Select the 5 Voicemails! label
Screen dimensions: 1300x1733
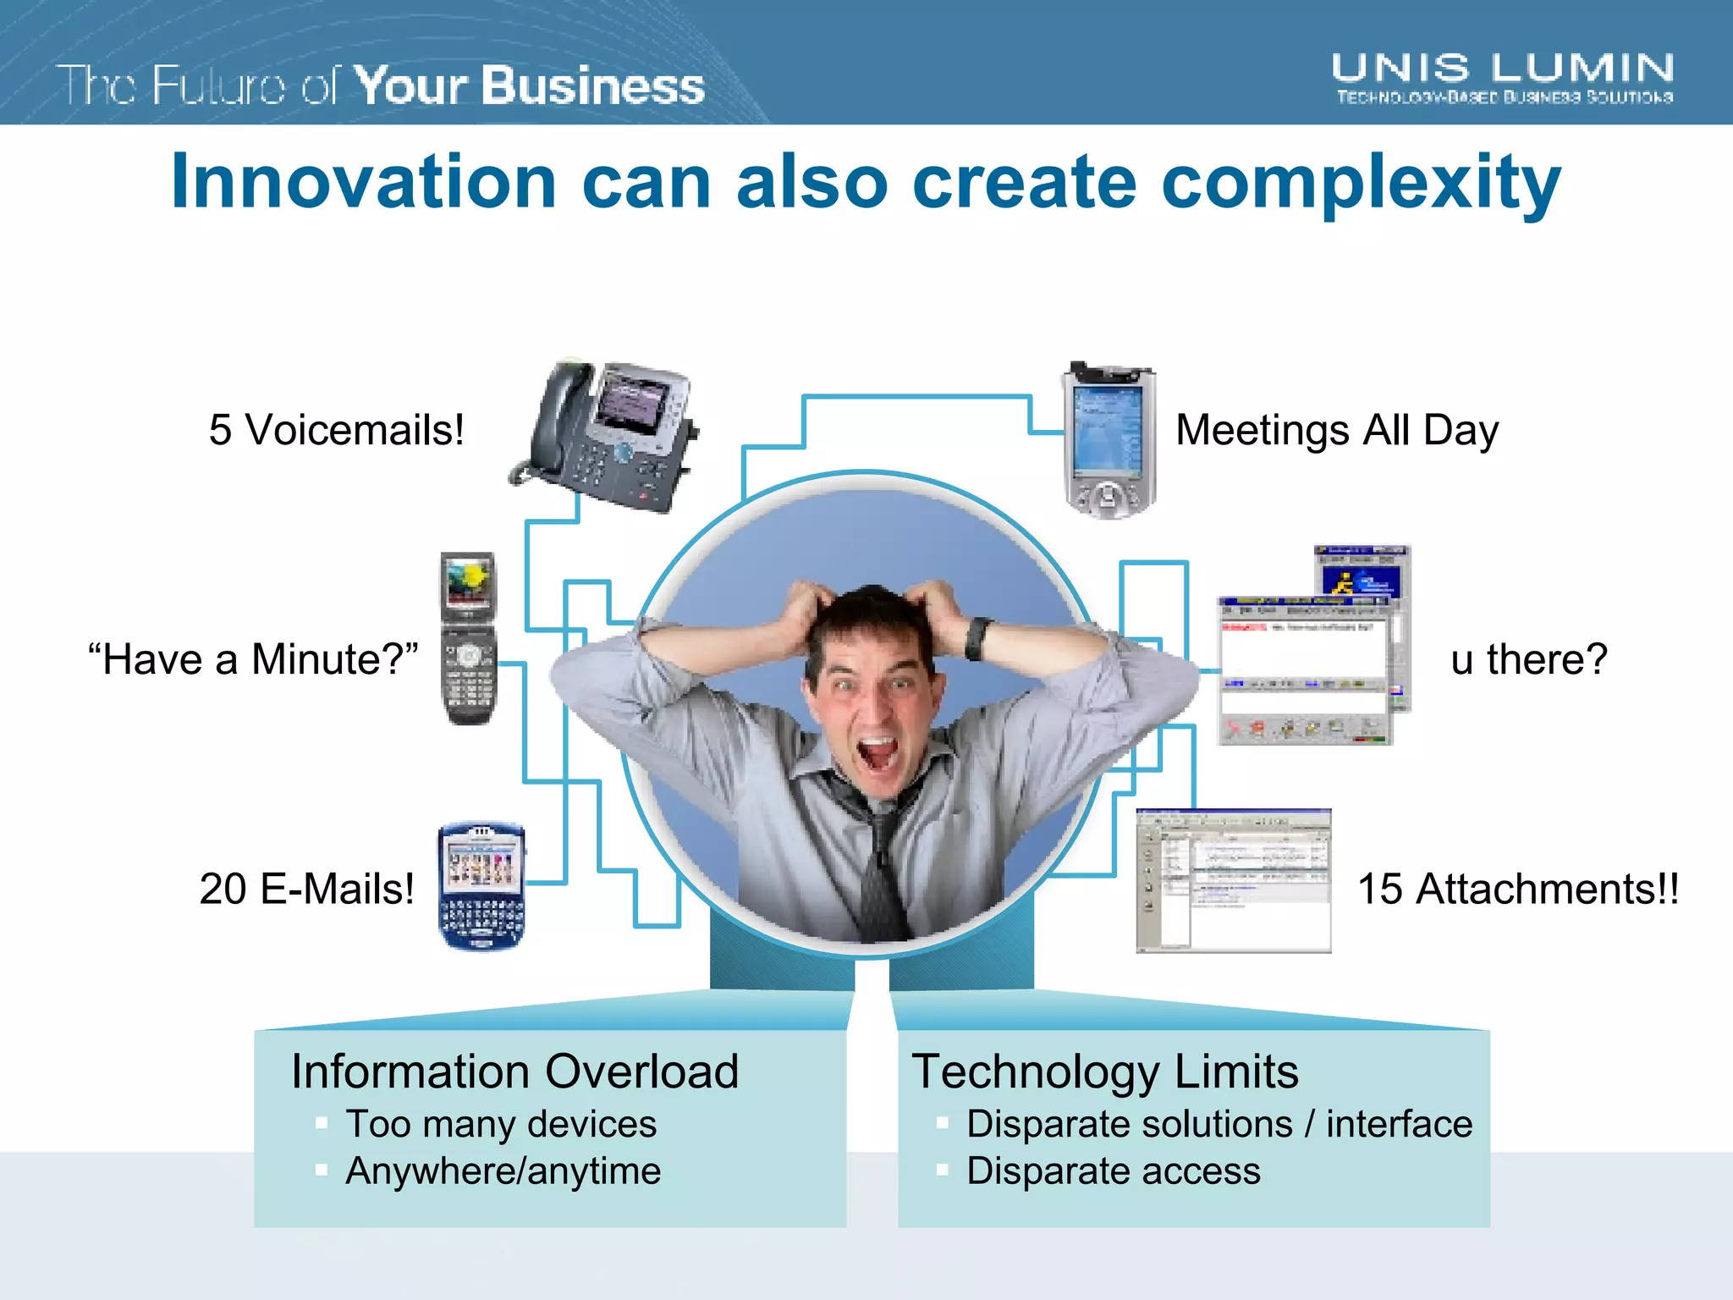coord(336,430)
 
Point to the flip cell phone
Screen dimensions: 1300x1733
coord(468,638)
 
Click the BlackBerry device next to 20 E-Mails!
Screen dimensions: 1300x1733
coord(481,885)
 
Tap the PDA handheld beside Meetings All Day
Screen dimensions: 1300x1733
coord(1109,440)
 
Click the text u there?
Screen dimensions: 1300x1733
coord(1528,659)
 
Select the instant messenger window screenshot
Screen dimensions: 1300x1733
coord(1312,647)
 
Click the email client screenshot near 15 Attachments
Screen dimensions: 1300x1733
coord(1233,881)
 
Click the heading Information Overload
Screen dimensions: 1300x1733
coord(514,1071)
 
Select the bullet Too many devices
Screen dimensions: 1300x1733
coord(501,1124)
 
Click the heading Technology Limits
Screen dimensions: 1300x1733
coord(1104,1071)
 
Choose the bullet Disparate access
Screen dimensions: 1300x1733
coord(1113,1171)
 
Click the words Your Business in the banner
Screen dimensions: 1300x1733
coord(529,86)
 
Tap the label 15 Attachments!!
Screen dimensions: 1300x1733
coord(1518,890)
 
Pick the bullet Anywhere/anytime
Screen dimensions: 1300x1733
coord(503,1171)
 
